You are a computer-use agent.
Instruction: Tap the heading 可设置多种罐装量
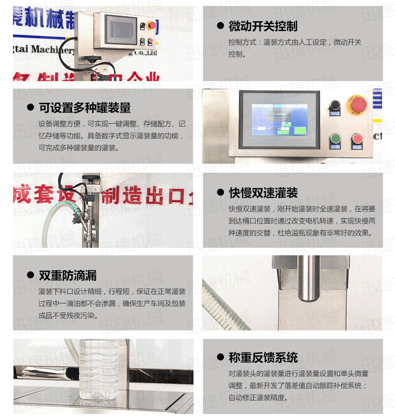[85, 108]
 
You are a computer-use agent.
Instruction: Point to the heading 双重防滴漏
[68, 275]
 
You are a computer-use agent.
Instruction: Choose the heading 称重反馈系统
[263, 357]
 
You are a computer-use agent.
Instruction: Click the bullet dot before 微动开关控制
[220, 26]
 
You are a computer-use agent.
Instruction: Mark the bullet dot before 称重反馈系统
[220, 357]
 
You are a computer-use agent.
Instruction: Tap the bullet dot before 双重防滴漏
[30, 275]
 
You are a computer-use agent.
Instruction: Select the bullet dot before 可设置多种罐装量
[30, 108]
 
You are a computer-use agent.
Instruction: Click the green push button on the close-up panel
[334, 139]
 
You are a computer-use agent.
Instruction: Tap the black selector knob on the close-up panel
[334, 105]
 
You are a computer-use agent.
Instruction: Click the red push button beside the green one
[356, 139]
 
